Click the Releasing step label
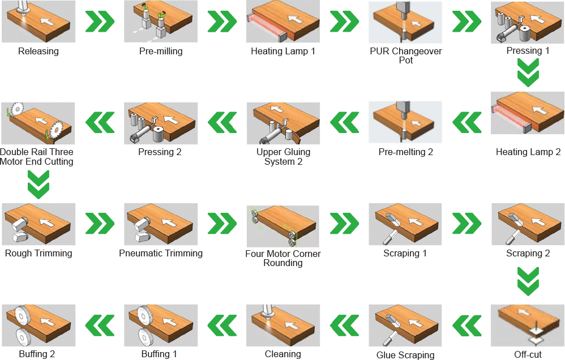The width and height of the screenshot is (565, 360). click(38, 51)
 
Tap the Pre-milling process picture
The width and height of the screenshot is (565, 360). click(161, 22)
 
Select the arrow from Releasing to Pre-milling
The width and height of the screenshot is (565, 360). click(100, 22)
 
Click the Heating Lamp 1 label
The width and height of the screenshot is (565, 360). click(283, 51)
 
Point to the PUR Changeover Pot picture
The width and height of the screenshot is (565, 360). click(405, 22)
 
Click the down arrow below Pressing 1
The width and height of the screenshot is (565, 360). click(528, 72)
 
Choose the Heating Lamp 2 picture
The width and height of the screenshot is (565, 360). click(528, 113)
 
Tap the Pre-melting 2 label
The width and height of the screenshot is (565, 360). click(406, 152)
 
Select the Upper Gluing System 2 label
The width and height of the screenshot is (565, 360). click(283, 157)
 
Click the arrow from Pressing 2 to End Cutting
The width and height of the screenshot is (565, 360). click(100, 122)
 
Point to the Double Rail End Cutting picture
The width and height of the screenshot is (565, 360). click(38, 123)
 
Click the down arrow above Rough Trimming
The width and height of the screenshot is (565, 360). click(38, 185)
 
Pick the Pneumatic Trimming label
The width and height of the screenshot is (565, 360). click(161, 254)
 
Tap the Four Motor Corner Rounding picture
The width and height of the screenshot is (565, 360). click(283, 226)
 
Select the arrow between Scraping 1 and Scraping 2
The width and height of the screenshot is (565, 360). click(466, 224)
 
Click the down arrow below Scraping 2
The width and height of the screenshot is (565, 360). click(528, 281)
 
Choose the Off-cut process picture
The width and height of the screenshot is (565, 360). click(528, 326)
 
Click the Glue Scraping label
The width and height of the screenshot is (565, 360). click(405, 355)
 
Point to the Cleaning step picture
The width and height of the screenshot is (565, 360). click(283, 325)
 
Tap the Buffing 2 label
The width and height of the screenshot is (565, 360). click(37, 354)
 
